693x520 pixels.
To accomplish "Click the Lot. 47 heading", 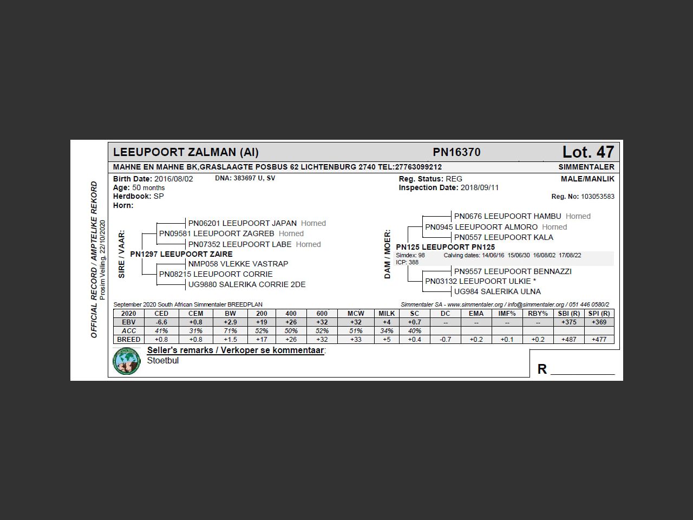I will [588, 152].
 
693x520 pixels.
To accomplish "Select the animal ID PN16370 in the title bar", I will [456, 152].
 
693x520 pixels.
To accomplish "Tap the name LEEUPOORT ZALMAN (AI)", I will [186, 152].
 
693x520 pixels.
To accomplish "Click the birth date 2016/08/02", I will [173, 179].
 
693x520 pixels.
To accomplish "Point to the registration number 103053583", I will [597, 197].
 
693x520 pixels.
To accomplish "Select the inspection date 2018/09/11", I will [480, 187].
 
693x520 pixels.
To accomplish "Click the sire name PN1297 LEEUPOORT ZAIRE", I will [181, 254].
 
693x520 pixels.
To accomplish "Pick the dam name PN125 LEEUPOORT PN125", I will [445, 247].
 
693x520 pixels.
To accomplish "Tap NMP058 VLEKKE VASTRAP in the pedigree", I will [238, 264].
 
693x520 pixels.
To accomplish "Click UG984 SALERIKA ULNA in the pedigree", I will [497, 291].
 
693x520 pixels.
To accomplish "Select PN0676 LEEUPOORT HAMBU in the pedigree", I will [507, 216].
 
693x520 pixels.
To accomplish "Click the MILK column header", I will [387, 314].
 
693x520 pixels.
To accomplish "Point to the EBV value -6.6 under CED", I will [161, 322].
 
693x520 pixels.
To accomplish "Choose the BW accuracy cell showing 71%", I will [230, 331].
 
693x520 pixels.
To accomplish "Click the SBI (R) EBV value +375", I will [568, 322].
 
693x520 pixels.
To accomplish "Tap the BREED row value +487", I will [568, 340].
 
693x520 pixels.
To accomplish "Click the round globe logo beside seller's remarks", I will [127, 361].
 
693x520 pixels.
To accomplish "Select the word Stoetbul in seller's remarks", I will [163, 361].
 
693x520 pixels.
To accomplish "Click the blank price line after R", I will [583, 370].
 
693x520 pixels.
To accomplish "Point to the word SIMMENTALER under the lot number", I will [586, 167].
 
